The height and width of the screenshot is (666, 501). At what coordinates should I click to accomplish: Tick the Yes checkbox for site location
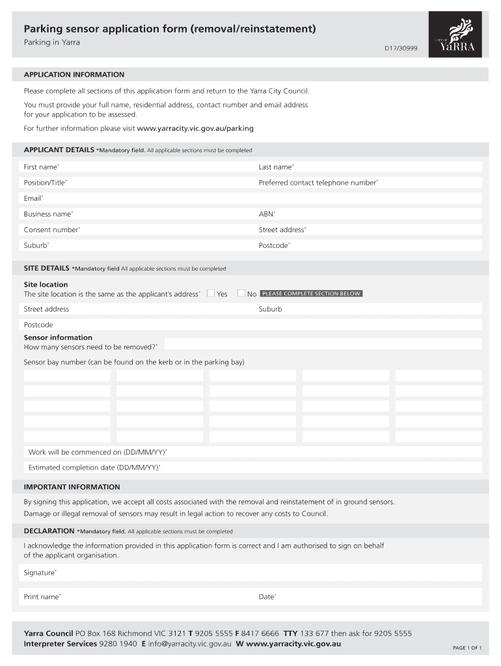(x=211, y=293)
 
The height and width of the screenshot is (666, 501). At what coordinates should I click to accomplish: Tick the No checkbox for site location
(x=241, y=293)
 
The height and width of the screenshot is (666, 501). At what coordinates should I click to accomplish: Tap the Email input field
(x=260, y=198)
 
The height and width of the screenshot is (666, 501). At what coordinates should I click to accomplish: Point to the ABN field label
(x=267, y=214)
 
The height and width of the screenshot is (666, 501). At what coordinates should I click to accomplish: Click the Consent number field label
(x=52, y=230)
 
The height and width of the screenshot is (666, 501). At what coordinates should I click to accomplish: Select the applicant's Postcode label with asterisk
(x=275, y=245)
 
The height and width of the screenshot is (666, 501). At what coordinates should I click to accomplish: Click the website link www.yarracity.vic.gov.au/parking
(x=195, y=128)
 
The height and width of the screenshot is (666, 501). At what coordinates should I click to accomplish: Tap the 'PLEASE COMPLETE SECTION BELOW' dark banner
(x=311, y=293)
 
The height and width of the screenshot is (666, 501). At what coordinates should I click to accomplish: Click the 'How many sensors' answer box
(x=323, y=344)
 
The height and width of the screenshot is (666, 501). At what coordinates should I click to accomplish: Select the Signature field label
(x=40, y=573)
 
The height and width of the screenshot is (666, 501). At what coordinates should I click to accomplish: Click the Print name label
(x=42, y=596)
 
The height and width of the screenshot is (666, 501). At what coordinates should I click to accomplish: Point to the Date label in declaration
(x=267, y=596)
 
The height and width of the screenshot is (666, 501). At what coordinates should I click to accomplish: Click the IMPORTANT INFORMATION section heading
(x=72, y=486)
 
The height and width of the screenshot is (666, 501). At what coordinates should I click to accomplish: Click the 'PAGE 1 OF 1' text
(x=467, y=648)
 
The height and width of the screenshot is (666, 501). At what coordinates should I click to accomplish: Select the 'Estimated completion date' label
(x=94, y=468)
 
